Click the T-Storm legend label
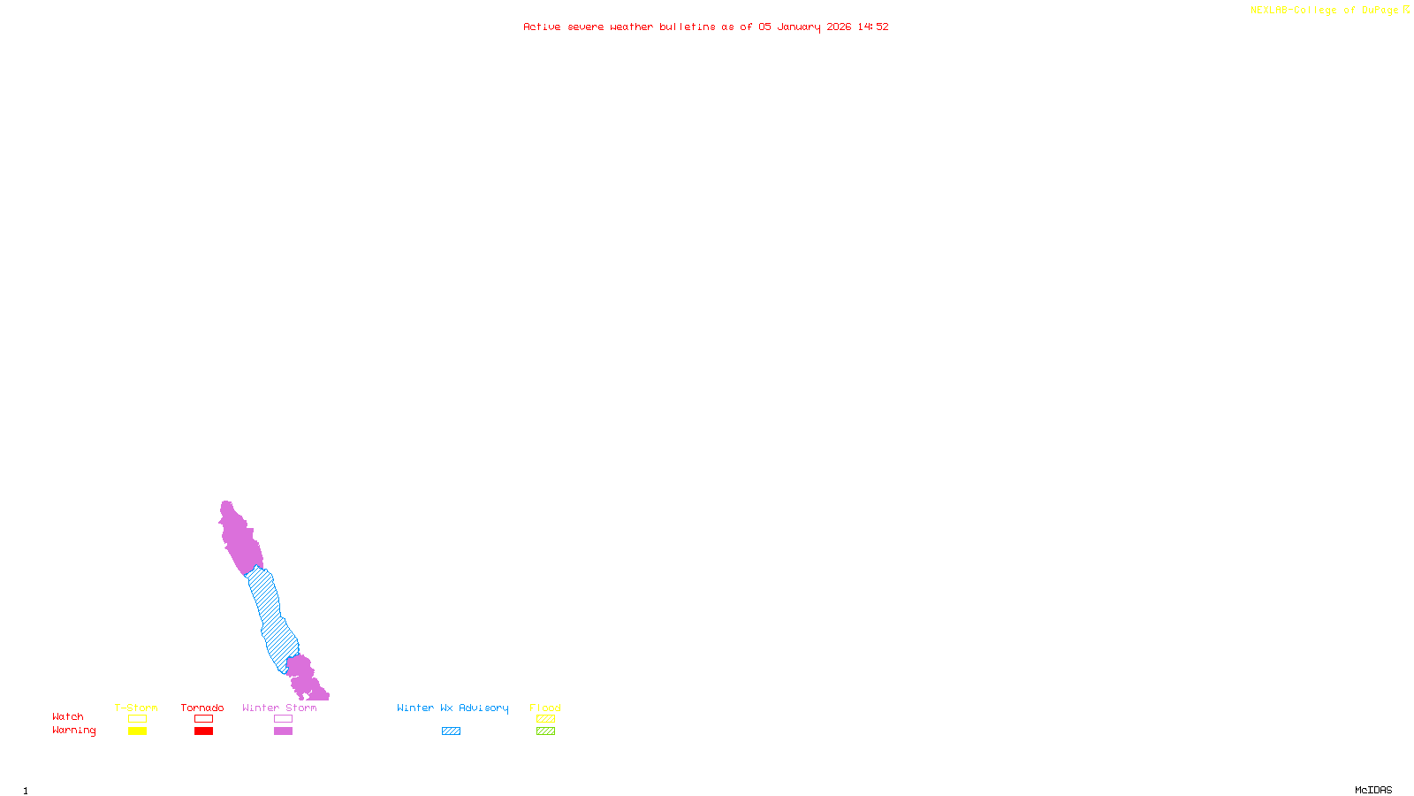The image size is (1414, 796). pyautogui.click(x=136, y=708)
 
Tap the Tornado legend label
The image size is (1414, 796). pyautogui.click(x=202, y=708)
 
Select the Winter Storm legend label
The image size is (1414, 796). pyautogui.click(x=279, y=708)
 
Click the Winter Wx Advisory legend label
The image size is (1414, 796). pyautogui.click(x=452, y=708)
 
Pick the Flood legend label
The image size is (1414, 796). pyautogui.click(x=545, y=708)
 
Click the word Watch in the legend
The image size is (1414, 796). pyautogui.click(x=68, y=716)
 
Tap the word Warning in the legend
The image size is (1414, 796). pyautogui.click(x=74, y=731)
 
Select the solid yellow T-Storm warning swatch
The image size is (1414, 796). pyautogui.click(x=137, y=731)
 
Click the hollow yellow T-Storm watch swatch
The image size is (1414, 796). pyautogui.click(x=137, y=719)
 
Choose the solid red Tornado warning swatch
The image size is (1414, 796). pyautogui.click(x=203, y=731)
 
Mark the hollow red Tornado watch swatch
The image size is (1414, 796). pyautogui.click(x=203, y=719)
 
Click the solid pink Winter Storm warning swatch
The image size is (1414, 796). pyautogui.click(x=283, y=731)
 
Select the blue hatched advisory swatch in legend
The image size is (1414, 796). pyautogui.click(x=451, y=731)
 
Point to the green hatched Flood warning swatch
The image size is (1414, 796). pyautogui.click(x=545, y=731)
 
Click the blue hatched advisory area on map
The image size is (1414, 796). pyautogui.click(x=270, y=619)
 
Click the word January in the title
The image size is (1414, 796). pyautogui.click(x=799, y=27)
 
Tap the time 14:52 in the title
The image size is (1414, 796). pyautogui.click(x=873, y=27)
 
